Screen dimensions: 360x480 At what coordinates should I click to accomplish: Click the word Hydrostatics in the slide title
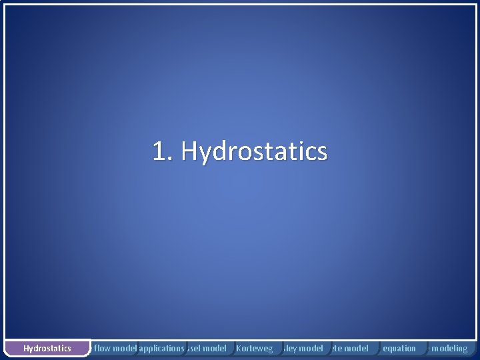tap(254, 152)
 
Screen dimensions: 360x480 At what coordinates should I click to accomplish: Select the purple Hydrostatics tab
tap(47, 348)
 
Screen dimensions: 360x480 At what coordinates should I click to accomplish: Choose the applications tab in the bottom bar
tap(161, 348)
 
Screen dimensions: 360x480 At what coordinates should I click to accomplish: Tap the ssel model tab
tap(207, 348)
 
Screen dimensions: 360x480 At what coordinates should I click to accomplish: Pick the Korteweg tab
tap(255, 348)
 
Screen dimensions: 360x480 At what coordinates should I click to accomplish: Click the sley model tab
tap(303, 348)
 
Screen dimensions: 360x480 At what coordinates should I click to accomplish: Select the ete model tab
tap(350, 348)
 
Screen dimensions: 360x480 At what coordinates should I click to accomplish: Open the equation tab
tap(399, 348)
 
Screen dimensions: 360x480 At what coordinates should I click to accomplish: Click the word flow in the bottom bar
tap(103, 348)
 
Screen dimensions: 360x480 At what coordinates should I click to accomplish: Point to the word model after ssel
tap(215, 348)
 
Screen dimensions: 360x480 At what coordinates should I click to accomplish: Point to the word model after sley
tap(310, 348)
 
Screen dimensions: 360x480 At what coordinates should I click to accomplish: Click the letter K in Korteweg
tap(239, 348)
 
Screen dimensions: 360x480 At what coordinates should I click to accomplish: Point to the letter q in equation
tap(391, 349)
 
